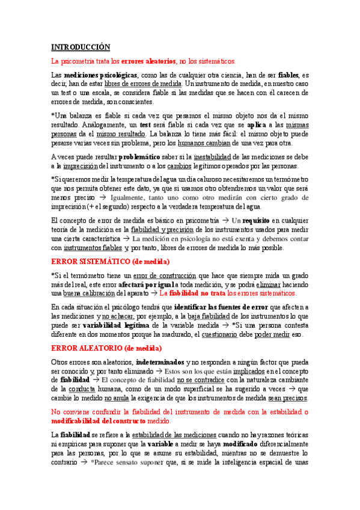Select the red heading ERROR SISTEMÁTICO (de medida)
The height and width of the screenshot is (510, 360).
(x=111, y=262)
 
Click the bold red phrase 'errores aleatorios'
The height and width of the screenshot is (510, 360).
(x=150, y=61)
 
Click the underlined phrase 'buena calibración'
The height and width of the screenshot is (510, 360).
(x=93, y=293)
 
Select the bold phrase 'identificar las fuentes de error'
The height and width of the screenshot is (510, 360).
(x=219, y=307)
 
